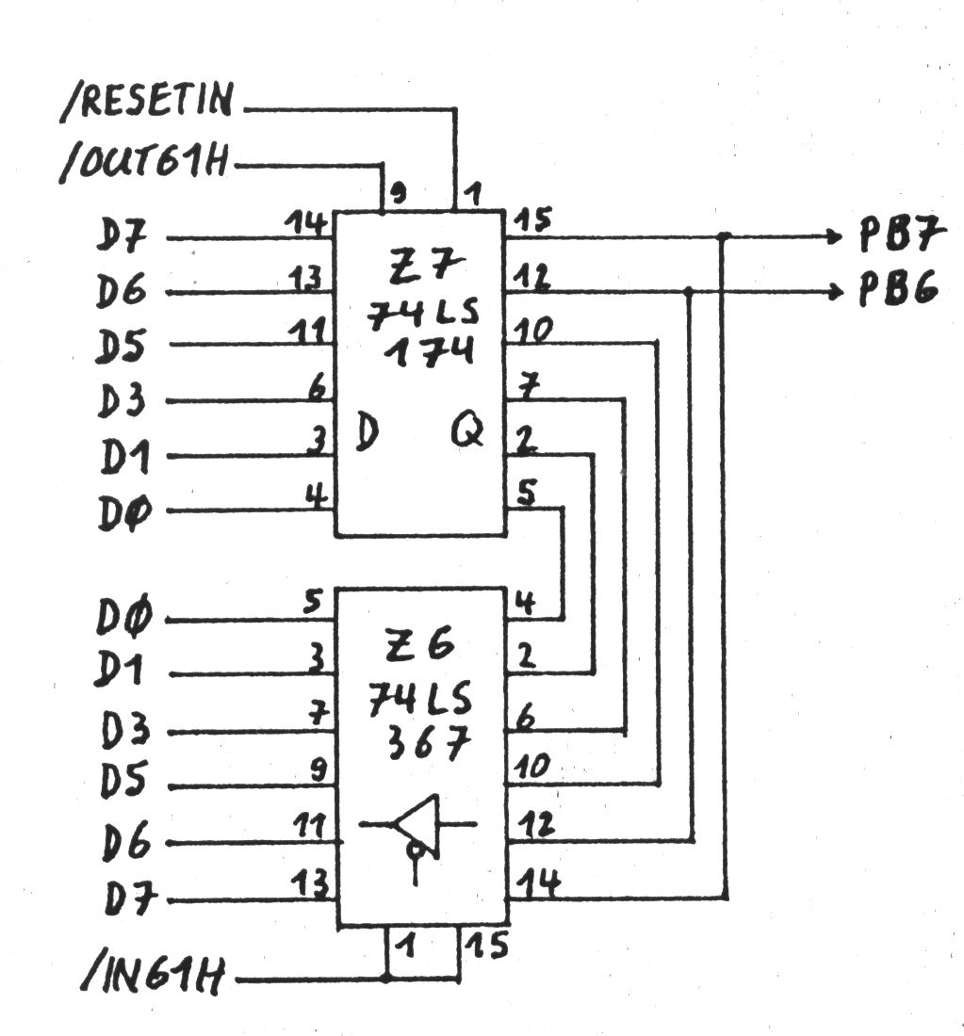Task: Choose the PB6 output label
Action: (x=896, y=290)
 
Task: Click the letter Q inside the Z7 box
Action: (x=467, y=432)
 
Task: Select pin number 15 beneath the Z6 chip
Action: (x=489, y=945)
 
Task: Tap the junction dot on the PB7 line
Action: (x=724, y=235)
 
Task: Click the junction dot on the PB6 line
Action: (x=691, y=292)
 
